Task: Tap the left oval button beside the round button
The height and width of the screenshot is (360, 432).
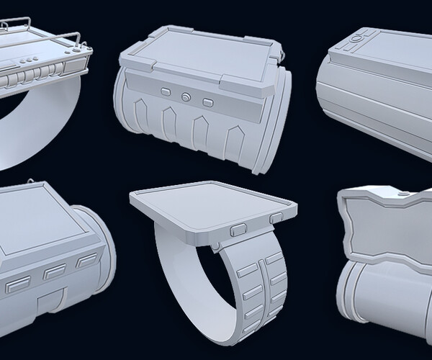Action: pos(165,92)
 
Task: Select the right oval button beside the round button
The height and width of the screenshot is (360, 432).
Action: pos(209,102)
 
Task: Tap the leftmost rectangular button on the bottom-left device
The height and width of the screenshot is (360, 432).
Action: pos(15,286)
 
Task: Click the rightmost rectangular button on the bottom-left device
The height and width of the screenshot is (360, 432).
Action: pos(86,260)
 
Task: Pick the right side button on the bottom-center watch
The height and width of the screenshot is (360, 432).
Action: pos(277,217)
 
